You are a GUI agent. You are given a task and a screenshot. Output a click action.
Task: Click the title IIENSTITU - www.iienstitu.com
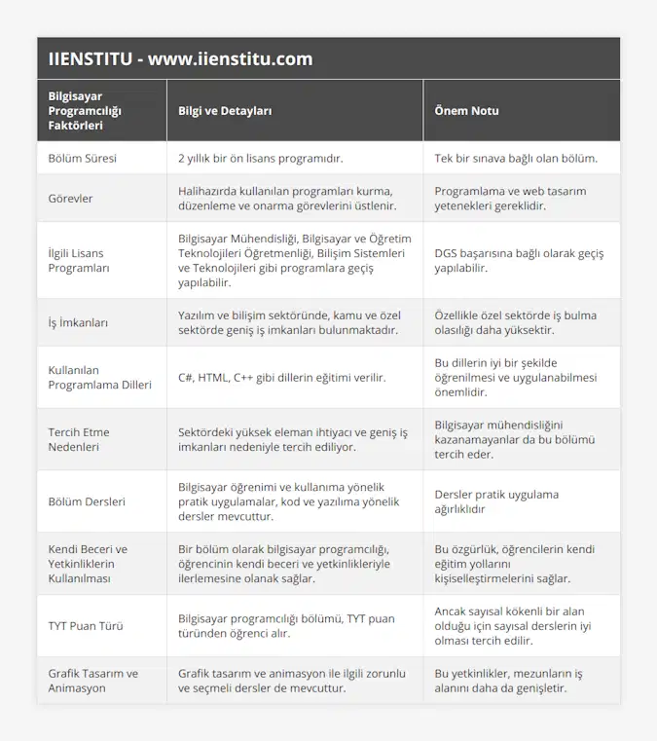[180, 58]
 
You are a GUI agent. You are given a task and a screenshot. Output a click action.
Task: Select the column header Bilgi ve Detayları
[225, 111]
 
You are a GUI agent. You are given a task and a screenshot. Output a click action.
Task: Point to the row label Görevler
[71, 199]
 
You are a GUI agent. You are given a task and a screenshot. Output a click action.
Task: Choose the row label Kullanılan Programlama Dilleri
[99, 377]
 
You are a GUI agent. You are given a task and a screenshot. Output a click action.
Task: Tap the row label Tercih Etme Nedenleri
[79, 439]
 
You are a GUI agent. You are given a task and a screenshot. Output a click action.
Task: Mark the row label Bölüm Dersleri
[87, 501]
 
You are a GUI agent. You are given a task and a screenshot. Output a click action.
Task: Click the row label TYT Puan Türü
[86, 626]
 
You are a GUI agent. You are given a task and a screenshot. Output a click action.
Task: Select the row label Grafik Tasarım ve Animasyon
[93, 681]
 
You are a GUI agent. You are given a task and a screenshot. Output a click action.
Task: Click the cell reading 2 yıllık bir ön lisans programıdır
[261, 157]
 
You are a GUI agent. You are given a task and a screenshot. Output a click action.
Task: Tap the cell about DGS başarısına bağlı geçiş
[518, 260]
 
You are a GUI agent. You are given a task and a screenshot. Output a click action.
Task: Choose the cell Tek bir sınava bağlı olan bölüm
[516, 157]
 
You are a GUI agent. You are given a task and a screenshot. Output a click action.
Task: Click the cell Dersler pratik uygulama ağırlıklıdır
[496, 501]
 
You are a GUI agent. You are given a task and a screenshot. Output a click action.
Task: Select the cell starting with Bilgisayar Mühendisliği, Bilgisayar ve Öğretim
[294, 260]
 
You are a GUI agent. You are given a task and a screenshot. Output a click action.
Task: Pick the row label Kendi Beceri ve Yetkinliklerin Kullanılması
[89, 564]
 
